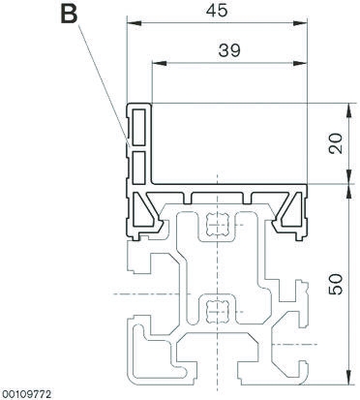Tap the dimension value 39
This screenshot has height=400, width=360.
229,51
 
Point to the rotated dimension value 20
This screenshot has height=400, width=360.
334,143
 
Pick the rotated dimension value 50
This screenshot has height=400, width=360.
334,284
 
